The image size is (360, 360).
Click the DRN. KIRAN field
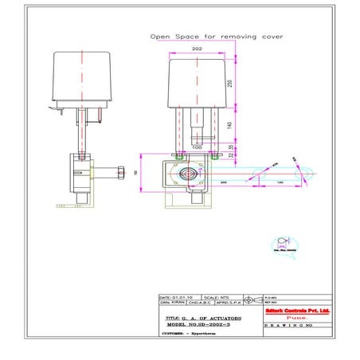coord(172,302)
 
